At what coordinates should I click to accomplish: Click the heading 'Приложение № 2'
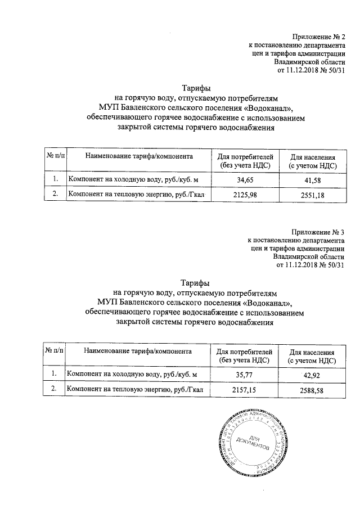coord(317,37)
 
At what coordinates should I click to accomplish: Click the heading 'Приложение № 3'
coord(317,231)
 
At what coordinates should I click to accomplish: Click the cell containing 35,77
coord(242,373)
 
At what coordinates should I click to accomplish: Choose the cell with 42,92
coord(312,373)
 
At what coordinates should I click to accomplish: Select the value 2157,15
coord(242,389)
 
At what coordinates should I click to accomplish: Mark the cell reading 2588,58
coord(312,389)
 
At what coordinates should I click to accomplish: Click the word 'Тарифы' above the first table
coord(196,88)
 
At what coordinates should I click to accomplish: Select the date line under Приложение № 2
coord(310,71)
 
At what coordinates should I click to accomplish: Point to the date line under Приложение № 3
coord(310,265)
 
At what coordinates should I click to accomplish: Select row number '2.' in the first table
coord(55,195)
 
